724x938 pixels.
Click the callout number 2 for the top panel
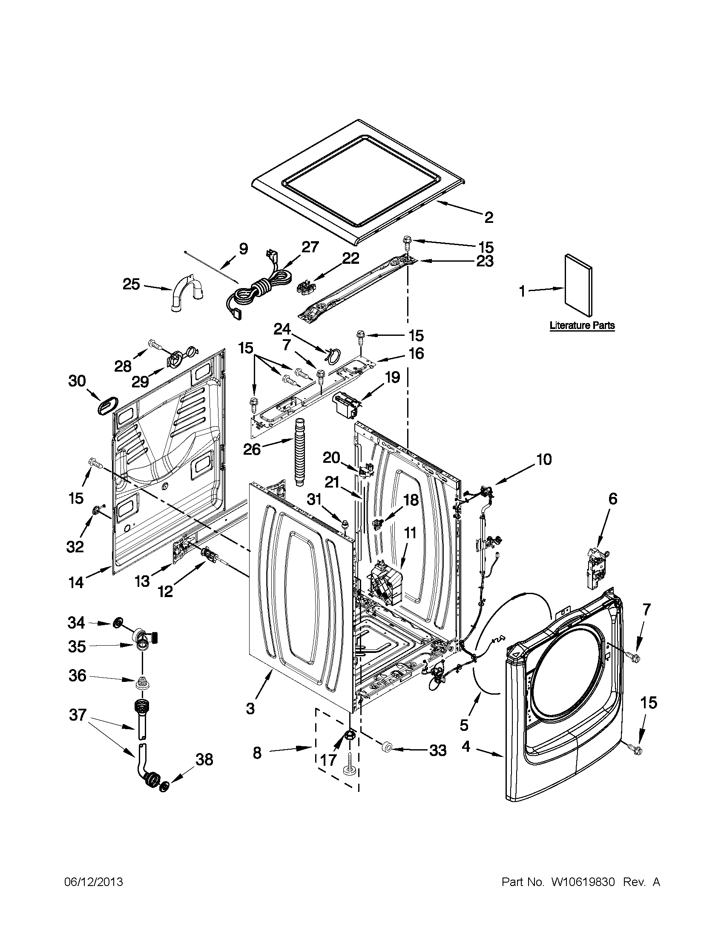coord(488,218)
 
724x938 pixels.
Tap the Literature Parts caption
coord(582,326)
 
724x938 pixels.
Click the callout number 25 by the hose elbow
coord(131,284)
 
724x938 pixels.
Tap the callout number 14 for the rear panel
coord(76,583)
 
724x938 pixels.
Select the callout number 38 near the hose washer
coord(204,760)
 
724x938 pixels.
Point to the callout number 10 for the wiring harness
coord(543,459)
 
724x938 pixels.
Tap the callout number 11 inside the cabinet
coord(410,534)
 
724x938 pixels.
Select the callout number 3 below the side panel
coord(250,708)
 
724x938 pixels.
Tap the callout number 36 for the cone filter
coord(77,675)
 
